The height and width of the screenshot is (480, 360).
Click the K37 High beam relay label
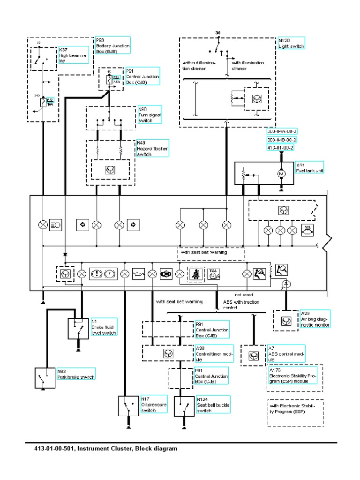[73, 54]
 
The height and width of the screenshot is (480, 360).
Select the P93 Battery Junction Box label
[112, 46]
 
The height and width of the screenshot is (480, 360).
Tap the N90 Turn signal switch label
[149, 114]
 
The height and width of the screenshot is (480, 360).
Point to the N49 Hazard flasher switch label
[152, 149]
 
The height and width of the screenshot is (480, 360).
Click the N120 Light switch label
[291, 43]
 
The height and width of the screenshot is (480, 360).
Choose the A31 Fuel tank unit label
[309, 168]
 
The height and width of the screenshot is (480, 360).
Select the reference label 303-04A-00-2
[282, 131]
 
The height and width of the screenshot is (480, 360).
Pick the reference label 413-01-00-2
[280, 148]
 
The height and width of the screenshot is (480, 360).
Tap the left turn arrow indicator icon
[82, 225]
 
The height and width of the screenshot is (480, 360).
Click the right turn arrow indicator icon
[133, 225]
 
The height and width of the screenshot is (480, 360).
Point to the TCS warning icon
[213, 273]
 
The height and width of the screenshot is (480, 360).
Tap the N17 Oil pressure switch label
[153, 404]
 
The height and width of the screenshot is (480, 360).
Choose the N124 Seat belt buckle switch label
[213, 404]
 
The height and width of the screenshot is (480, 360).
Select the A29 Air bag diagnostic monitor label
[315, 319]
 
